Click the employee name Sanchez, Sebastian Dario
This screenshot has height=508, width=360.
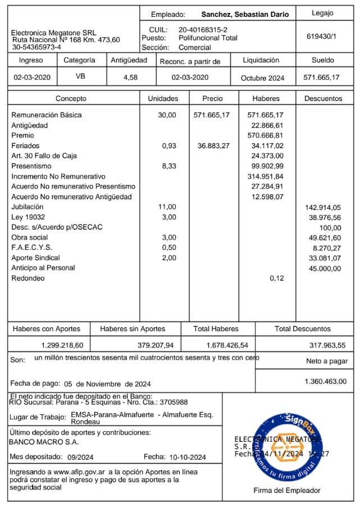tap(245, 15)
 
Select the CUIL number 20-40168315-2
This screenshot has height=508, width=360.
tap(203, 29)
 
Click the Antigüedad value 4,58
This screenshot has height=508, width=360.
tap(130, 77)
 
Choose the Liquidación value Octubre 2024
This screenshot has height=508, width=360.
tap(262, 78)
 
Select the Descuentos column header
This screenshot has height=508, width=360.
tap(323, 99)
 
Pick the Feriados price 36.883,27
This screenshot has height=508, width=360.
tap(213, 146)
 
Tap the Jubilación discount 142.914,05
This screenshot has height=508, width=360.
tap(322, 208)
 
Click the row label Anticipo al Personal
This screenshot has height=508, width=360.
tap(43, 268)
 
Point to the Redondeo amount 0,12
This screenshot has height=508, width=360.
tap(276, 278)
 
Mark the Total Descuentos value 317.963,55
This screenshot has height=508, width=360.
tap(327, 345)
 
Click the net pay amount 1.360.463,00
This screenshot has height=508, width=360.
tap(325, 382)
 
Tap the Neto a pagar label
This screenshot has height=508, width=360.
tap(327, 361)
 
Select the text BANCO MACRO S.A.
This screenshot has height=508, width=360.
tap(37, 442)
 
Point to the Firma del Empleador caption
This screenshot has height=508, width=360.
tap(287, 491)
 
